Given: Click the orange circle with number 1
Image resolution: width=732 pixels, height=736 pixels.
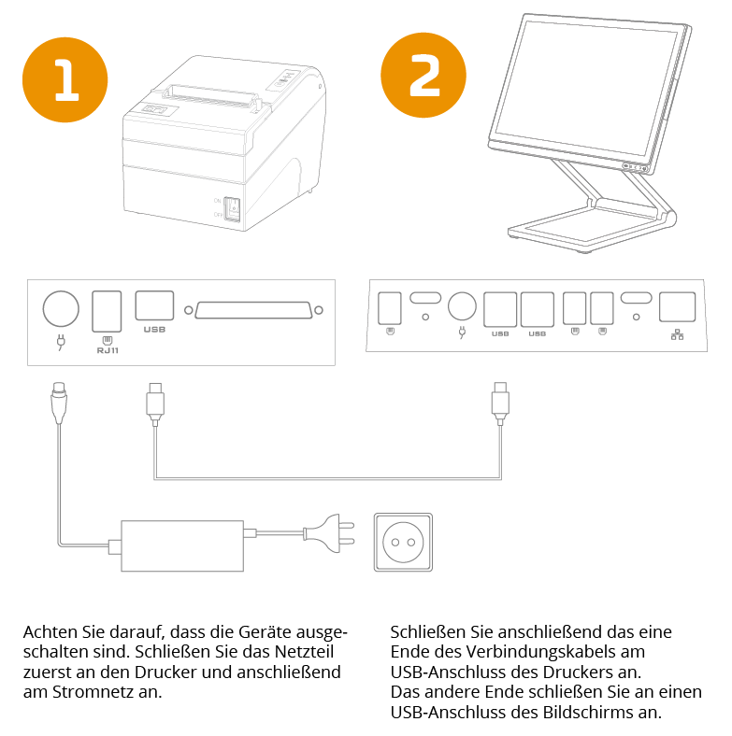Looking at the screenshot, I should [65, 81].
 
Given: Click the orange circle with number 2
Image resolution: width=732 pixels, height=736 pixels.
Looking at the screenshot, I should [423, 77].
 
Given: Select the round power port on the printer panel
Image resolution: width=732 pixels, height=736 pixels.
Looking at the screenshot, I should [61, 307].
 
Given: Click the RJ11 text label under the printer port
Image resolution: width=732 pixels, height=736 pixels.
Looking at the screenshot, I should [107, 350].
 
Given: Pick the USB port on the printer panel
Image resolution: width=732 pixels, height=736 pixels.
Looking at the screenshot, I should [154, 306].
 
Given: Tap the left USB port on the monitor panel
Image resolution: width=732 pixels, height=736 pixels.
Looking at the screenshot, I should [500, 307].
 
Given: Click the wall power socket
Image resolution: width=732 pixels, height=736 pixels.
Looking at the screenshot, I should [402, 540].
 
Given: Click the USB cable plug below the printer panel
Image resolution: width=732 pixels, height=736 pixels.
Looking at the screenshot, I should [155, 401].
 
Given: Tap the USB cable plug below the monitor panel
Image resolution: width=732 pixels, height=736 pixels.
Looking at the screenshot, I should [500, 401].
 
